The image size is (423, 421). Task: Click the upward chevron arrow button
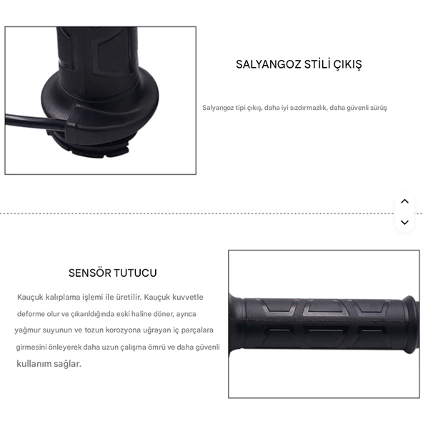(x=404, y=201)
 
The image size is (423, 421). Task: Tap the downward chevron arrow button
(x=404, y=222)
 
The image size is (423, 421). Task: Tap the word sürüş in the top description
(x=378, y=108)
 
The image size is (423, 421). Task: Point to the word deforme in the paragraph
(x=31, y=314)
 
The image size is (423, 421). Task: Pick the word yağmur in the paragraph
(x=28, y=330)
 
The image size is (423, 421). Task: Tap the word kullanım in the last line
(x=35, y=364)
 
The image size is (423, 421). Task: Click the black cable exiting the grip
(x=29, y=118)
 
